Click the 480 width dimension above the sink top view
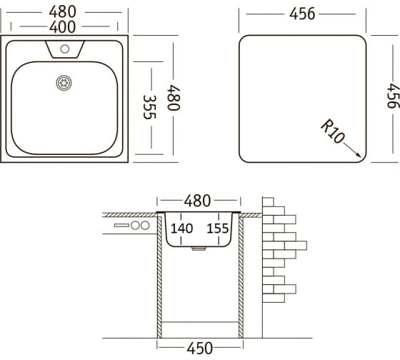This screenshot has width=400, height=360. (63, 11)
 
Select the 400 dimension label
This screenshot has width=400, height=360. (63, 27)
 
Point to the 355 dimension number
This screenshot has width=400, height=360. (149, 107)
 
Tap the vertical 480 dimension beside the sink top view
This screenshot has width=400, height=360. (174, 98)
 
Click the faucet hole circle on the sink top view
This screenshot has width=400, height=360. (65, 49)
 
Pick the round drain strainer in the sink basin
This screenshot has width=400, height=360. (64, 83)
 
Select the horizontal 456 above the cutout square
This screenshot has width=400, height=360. (302, 14)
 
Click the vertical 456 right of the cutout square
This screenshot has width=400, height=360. (393, 96)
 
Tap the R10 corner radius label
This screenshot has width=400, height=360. (333, 131)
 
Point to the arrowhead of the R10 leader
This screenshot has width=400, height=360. (359, 156)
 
